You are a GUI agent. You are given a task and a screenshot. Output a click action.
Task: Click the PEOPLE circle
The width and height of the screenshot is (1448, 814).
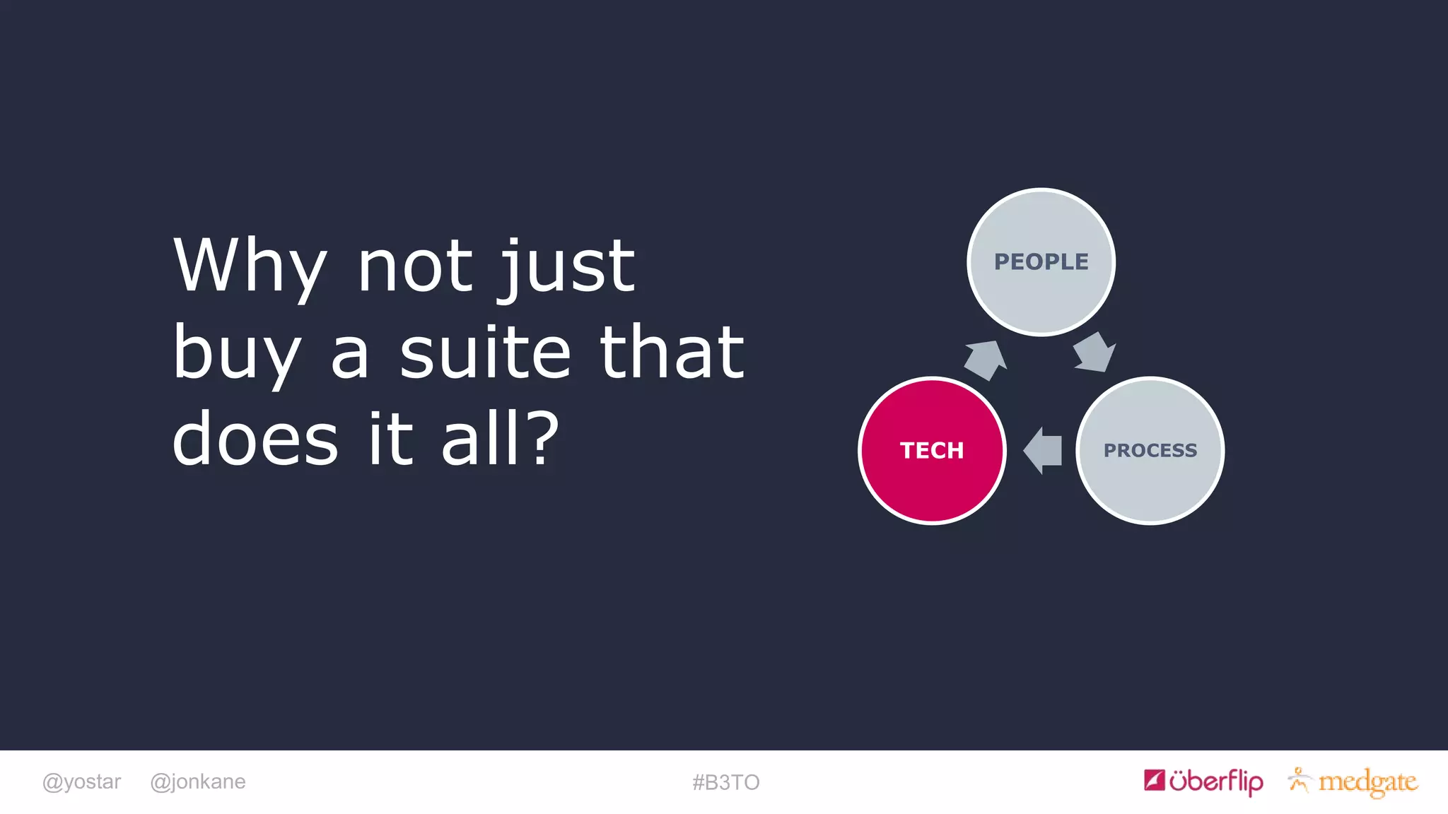1041,262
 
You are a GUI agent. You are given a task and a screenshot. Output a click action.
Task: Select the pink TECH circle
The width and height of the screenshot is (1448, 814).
932,450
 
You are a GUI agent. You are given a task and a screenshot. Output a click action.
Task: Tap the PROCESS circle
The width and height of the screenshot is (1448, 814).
1150,450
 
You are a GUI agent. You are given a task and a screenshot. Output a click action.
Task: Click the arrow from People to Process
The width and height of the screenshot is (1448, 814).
1093,352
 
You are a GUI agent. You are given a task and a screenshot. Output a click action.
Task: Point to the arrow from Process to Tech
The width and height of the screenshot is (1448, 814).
1044,450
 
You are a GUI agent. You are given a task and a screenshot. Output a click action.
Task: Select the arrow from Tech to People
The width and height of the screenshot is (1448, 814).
986,360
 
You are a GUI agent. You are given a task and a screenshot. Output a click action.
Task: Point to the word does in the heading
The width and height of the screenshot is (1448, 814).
255,439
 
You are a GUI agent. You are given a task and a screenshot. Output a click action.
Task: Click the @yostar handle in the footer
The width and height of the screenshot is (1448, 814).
81,782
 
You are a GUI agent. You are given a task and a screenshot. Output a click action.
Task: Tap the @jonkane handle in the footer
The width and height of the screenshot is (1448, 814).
198,782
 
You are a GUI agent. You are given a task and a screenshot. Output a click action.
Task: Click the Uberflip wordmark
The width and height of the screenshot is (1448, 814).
1216,781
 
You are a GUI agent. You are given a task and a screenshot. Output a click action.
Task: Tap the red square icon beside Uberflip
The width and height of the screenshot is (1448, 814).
1154,780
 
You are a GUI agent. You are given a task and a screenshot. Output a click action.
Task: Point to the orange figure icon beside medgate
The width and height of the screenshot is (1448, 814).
1298,780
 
